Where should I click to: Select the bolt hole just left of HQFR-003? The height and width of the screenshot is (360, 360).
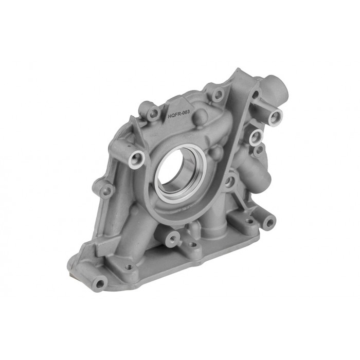153,113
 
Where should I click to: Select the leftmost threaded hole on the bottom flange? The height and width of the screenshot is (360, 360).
129,266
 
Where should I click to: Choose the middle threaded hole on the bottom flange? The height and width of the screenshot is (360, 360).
192,245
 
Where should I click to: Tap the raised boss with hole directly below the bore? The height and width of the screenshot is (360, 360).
173,237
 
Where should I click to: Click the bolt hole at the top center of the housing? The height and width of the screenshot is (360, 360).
218,95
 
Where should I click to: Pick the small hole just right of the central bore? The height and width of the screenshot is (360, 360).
229,181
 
